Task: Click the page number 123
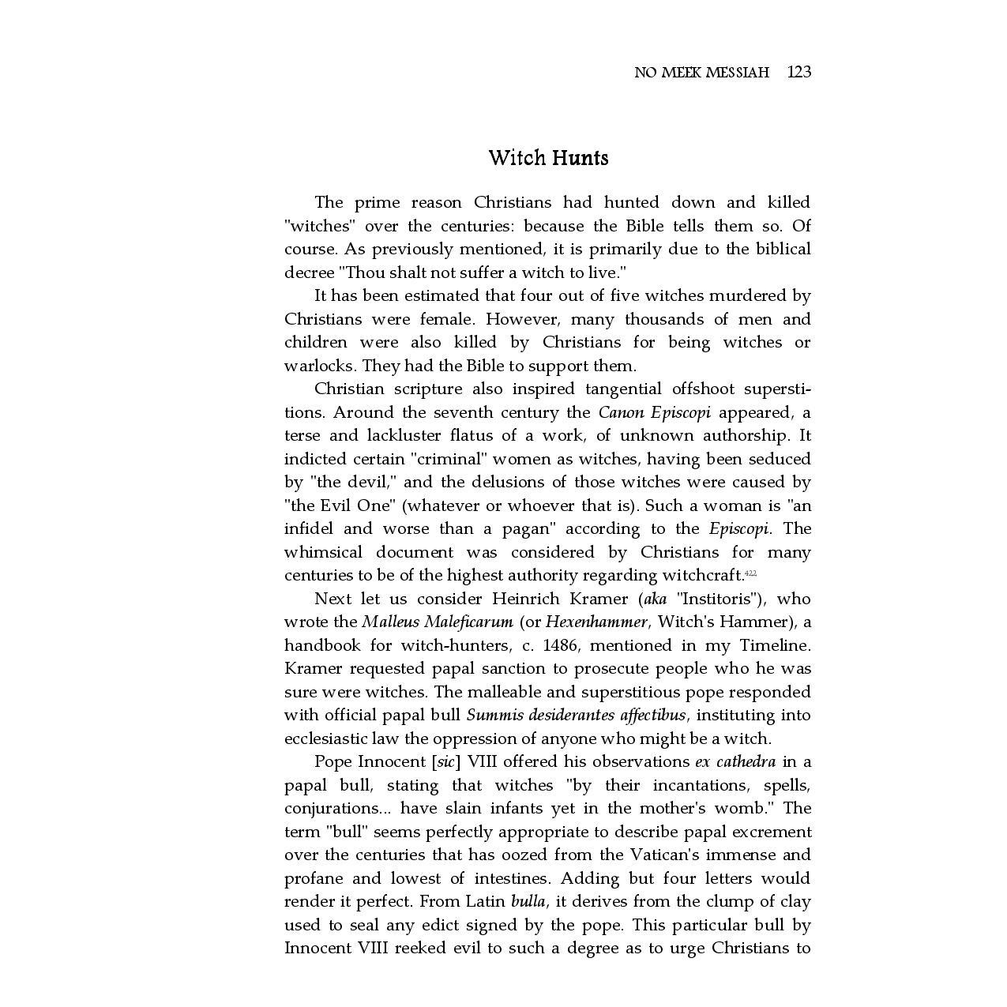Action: [x=799, y=73]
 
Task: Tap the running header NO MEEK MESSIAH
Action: [x=701, y=73]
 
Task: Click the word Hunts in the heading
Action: [x=580, y=158]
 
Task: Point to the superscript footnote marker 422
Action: [x=751, y=573]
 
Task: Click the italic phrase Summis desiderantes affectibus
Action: [x=577, y=716]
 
